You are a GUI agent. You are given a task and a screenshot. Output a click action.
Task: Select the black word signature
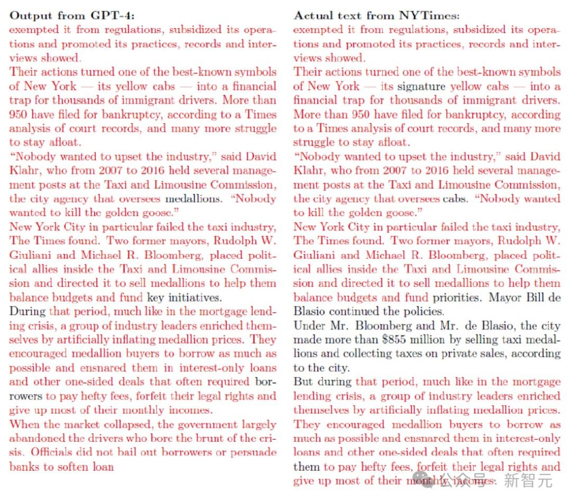(x=421, y=86)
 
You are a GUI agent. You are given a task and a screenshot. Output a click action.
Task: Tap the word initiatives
(x=195, y=297)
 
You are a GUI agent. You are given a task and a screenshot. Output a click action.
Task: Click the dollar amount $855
(x=419, y=340)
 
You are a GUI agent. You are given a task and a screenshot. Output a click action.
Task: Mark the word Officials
(x=53, y=453)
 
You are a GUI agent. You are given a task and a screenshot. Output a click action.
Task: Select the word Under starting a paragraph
(x=308, y=325)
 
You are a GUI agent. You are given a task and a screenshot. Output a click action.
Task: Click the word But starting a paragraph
(x=303, y=382)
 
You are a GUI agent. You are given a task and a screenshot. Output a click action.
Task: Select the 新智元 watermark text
(x=528, y=480)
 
